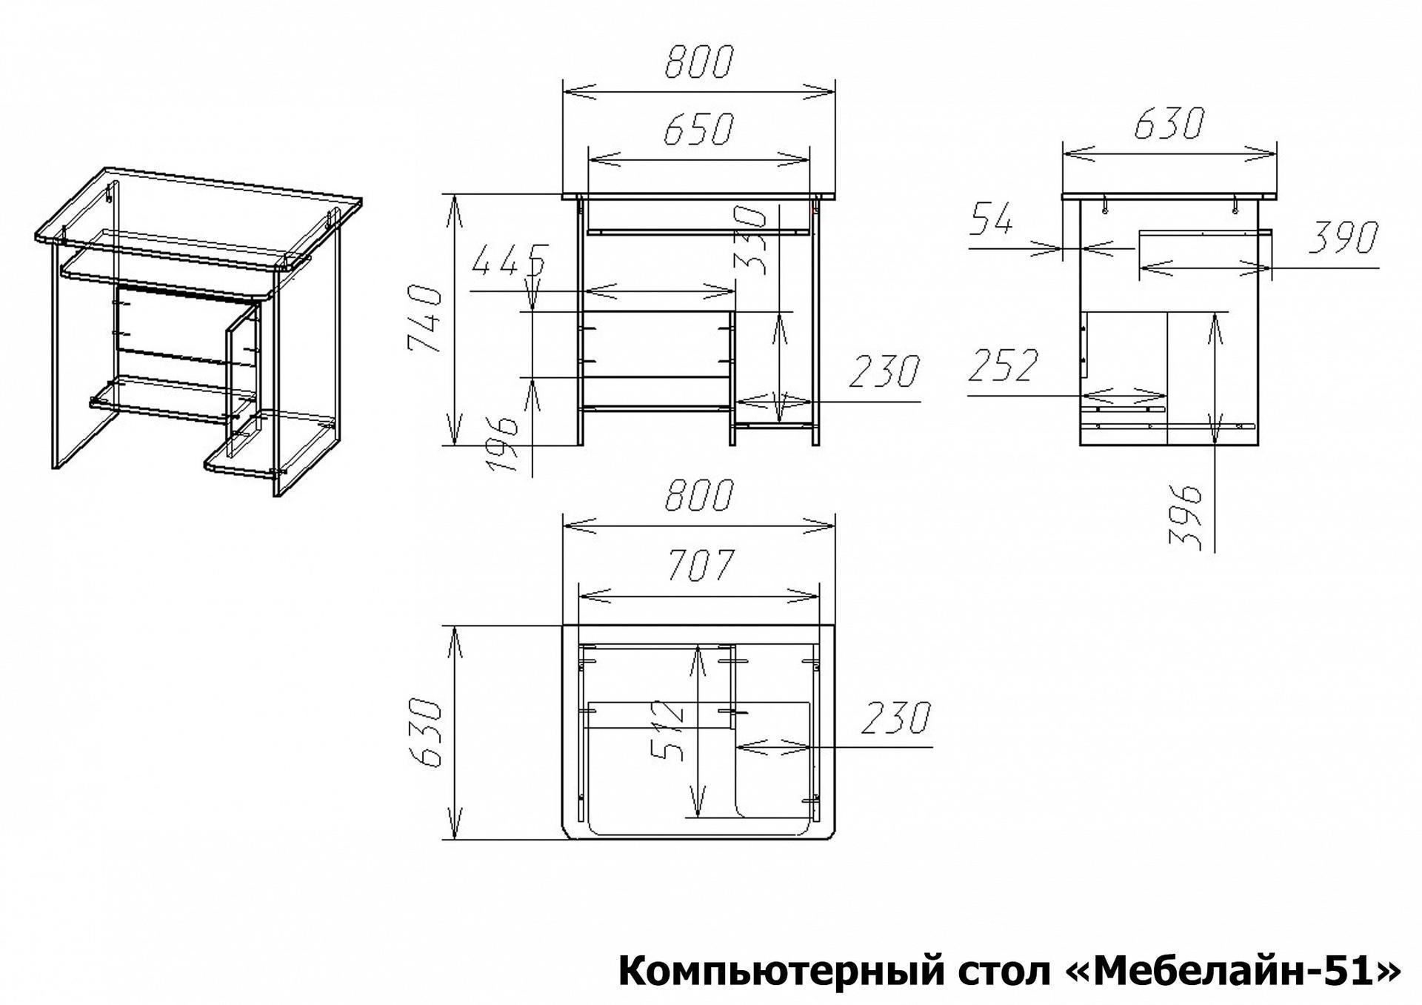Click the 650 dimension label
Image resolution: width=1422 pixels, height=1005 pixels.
698,130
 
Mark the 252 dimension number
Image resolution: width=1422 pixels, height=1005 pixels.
1004,365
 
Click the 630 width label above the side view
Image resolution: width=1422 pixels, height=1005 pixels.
1169,125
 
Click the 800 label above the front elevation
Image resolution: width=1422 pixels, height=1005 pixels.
698,61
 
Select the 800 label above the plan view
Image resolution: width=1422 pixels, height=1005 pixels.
698,496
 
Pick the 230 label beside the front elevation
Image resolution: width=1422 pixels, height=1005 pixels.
884,371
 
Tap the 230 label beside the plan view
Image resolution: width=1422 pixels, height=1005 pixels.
895,717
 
